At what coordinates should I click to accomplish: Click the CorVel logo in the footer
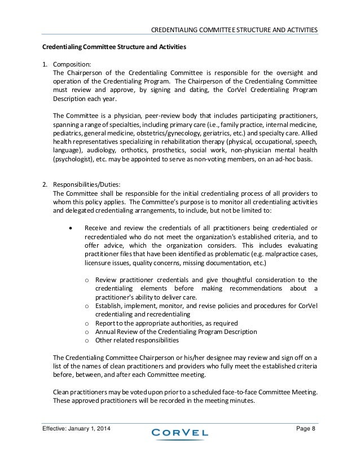(x=179, y=433)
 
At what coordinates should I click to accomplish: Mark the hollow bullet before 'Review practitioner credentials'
(x=86, y=280)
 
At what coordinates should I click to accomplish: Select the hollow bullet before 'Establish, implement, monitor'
(x=86, y=306)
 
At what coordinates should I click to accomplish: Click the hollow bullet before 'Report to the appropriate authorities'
(x=86, y=323)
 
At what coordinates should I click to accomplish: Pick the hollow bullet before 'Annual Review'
(x=86, y=332)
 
